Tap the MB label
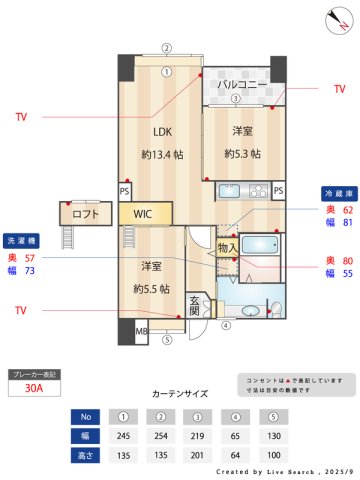[141, 331]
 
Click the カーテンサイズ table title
[181, 394]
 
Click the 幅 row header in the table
[85, 435]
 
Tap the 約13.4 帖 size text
[162, 155]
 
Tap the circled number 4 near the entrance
[226, 325]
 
